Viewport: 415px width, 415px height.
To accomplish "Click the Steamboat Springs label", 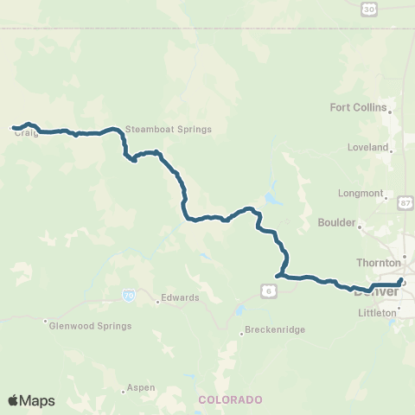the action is (x=156, y=130).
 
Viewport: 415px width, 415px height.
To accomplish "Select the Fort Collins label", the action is (x=358, y=108).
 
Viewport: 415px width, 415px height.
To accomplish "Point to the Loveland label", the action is (x=367, y=148).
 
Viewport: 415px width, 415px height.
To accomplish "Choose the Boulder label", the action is (x=336, y=222).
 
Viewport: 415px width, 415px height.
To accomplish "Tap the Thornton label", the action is (x=378, y=262).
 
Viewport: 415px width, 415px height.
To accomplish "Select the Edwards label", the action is (x=181, y=298).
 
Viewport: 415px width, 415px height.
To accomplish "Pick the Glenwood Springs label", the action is (x=91, y=326).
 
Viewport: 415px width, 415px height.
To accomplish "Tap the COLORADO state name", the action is (x=229, y=399).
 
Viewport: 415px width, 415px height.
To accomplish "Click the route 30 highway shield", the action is (x=369, y=9).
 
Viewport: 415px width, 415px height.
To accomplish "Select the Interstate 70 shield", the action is (x=129, y=295).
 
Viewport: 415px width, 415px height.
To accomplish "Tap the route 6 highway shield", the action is (x=271, y=292).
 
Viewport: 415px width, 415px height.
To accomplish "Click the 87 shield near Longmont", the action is (x=405, y=202).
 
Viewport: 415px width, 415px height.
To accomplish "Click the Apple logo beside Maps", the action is (x=13, y=400).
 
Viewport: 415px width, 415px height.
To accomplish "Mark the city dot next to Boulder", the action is (x=360, y=227).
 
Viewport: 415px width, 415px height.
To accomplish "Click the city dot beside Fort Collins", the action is (x=390, y=112).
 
